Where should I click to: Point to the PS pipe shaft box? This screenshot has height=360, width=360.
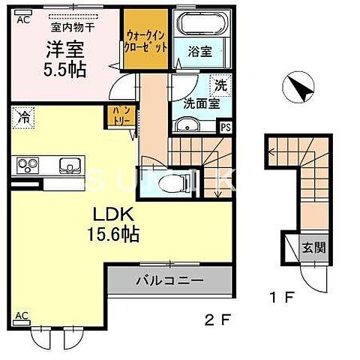point(226,127)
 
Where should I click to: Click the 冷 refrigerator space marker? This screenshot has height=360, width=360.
point(24,117)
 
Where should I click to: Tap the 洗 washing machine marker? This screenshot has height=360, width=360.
point(221,85)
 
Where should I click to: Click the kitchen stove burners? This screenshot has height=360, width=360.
point(27,164)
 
